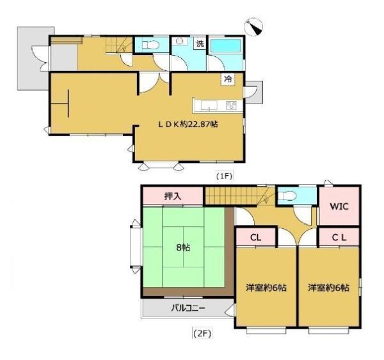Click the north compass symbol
click(253, 27)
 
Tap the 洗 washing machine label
click(200, 44)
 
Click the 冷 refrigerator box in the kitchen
click(228, 79)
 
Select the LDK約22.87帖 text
click(188, 124)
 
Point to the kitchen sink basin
click(209, 106)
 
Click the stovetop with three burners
click(231, 106)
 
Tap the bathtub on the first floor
click(225, 46)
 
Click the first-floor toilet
click(150, 45)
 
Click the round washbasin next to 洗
click(180, 41)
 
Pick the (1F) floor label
click(224, 176)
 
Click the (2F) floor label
click(202, 334)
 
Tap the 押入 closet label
click(173, 196)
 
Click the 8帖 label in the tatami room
click(183, 247)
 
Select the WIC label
click(339, 207)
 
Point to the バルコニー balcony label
click(188, 308)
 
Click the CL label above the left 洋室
click(256, 237)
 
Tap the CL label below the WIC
click(339, 237)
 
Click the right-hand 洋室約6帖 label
click(329, 288)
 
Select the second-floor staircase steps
click(231, 196)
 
